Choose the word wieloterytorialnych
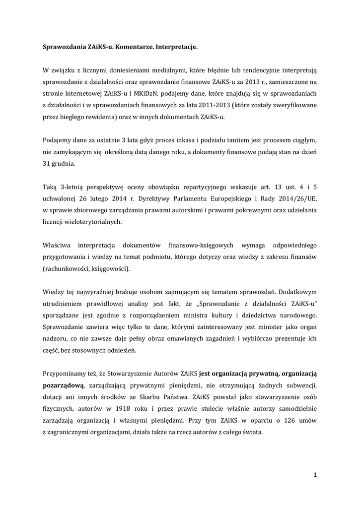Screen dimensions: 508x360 click(x=93, y=222)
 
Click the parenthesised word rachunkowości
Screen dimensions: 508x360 click(x=67, y=269)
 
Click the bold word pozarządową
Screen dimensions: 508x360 click(x=63, y=385)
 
